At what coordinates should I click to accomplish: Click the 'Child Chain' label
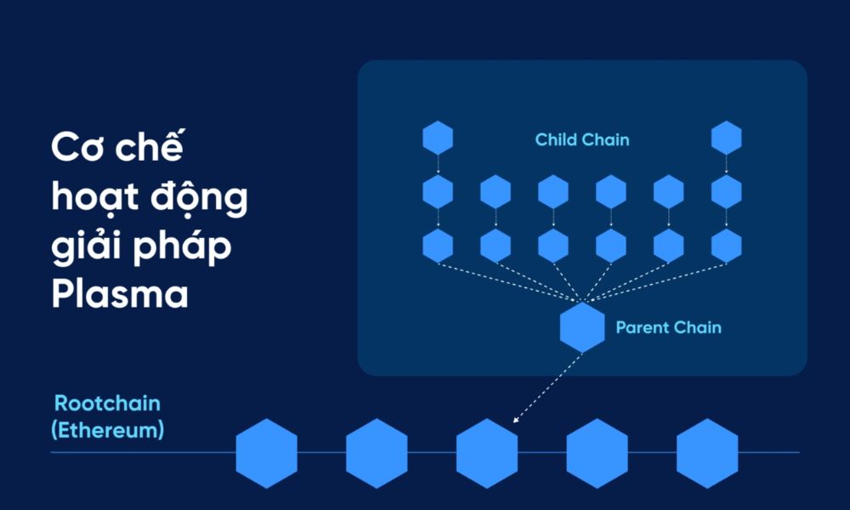582,139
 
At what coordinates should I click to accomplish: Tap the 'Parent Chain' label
668,327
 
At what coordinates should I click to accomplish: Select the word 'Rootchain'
107,403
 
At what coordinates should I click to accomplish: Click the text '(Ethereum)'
107,430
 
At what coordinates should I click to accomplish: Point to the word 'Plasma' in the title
119,294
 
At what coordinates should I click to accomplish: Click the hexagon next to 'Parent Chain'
582,327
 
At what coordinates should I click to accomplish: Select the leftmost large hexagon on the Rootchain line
266,453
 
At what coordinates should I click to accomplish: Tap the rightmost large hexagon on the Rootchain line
707,453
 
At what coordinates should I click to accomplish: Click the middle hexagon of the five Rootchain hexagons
487,453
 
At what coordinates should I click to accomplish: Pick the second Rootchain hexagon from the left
377,453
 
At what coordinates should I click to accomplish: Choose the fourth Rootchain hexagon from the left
597,453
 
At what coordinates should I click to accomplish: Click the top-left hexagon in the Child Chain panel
438,138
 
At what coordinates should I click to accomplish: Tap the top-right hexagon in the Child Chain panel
726,138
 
